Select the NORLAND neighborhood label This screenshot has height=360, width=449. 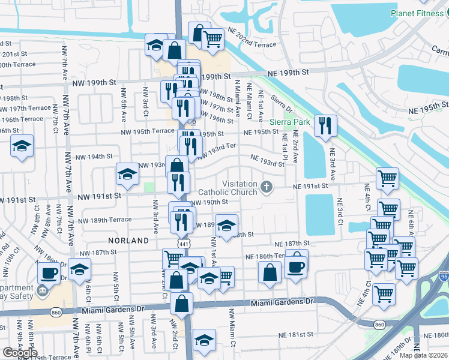click(128, 240)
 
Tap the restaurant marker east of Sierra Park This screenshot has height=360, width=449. click(325, 126)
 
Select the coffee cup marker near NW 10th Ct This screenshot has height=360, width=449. click(49, 273)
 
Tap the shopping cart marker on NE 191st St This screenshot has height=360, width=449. click(388, 178)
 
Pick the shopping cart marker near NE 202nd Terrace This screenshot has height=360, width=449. click(213, 40)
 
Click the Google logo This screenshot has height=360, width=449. click(19, 352)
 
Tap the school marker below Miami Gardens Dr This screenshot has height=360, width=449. click(204, 340)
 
